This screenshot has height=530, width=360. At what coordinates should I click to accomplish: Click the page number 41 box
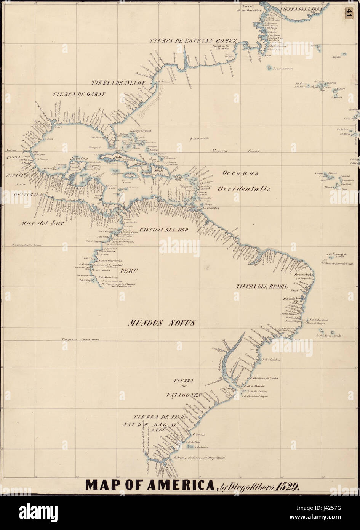349,13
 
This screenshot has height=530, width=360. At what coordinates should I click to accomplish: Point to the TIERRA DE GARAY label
79,93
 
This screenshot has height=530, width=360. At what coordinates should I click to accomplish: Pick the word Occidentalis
244,188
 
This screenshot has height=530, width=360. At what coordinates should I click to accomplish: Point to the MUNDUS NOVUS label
162,323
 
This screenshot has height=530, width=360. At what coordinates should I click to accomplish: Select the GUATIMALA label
28,194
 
